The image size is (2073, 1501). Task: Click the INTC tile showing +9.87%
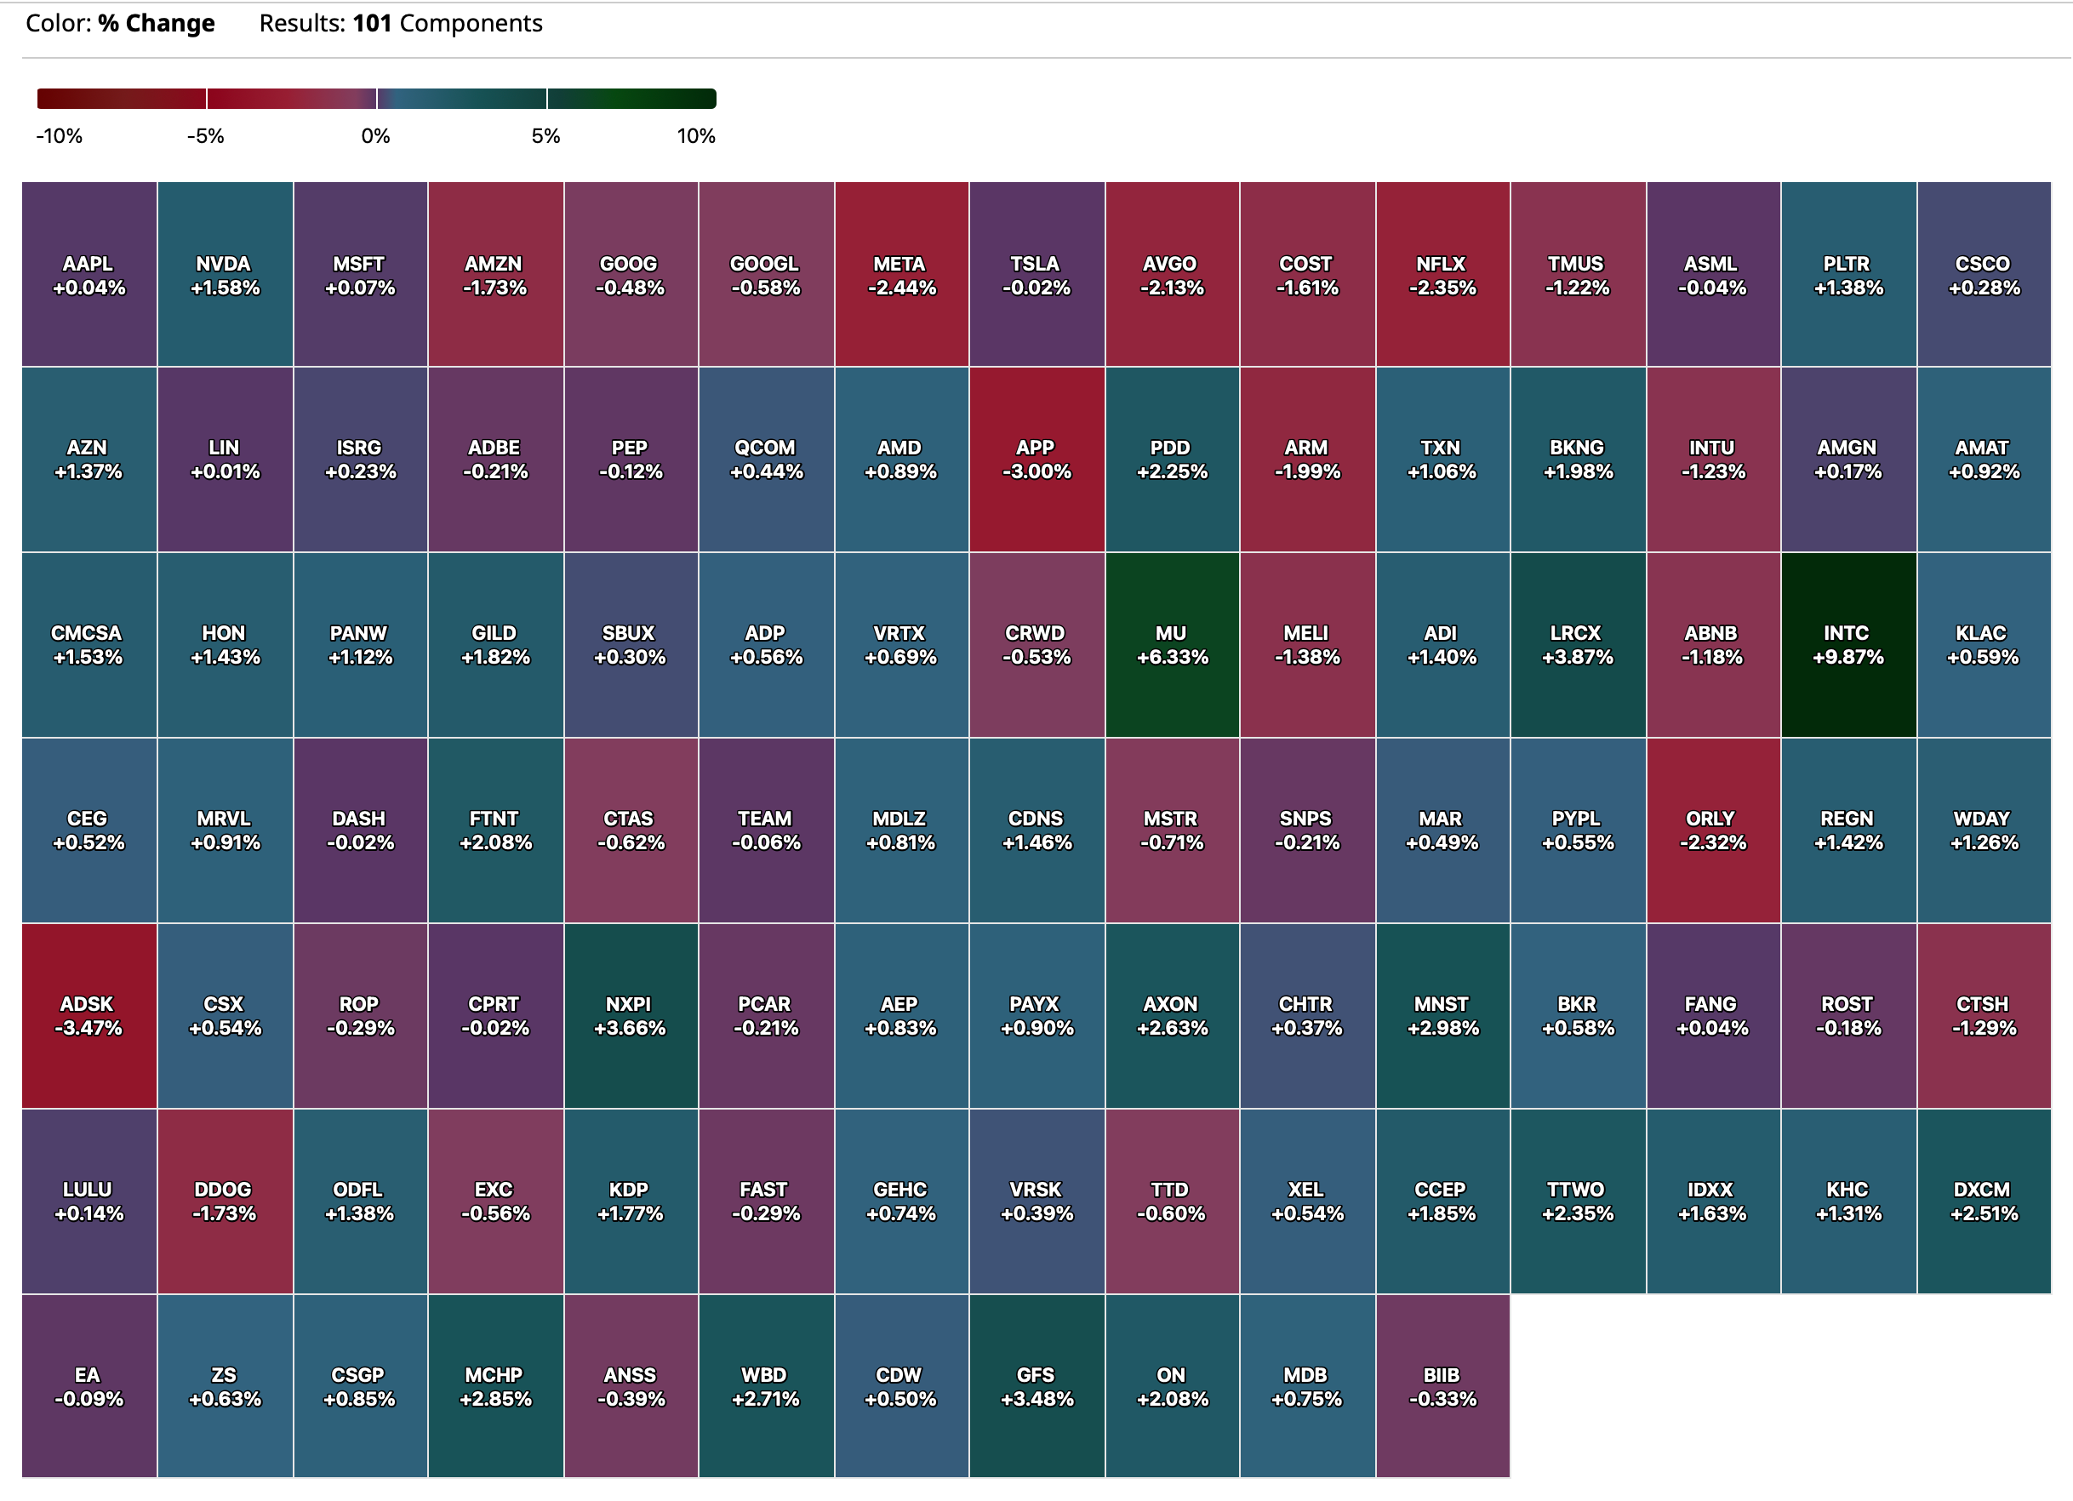1847,644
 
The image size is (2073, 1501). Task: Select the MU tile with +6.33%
1171,644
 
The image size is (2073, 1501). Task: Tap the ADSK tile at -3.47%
89,1016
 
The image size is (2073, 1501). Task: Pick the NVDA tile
224,275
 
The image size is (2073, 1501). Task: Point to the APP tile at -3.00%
1036,459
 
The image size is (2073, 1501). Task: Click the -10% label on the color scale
60,136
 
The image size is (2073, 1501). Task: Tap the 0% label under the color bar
375,136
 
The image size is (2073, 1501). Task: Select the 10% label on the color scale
695,136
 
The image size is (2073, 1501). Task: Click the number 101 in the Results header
372,24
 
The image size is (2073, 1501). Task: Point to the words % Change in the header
157,24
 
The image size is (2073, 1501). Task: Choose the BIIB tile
1442,1386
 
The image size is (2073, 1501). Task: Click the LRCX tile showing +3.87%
1577,644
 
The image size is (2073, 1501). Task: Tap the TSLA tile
1036,275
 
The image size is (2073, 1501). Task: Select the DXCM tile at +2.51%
1983,1201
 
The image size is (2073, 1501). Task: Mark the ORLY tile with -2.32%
1712,830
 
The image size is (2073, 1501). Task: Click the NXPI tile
630,1016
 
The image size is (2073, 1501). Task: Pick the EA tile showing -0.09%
89,1386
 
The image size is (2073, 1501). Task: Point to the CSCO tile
1983,275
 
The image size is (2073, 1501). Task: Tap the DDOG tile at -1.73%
224,1201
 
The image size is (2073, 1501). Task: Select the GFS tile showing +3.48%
1036,1386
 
